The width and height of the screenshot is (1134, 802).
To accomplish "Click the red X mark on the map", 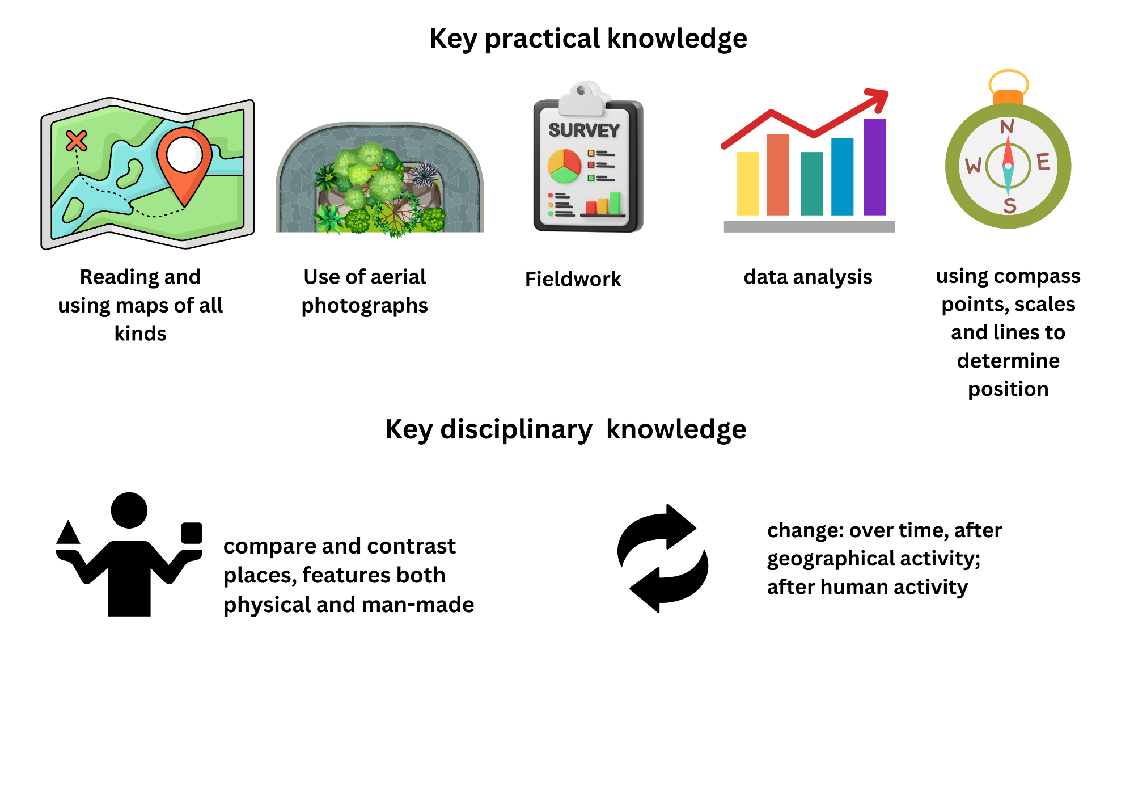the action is point(77,141).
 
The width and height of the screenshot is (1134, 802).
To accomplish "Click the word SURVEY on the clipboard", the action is point(584,130).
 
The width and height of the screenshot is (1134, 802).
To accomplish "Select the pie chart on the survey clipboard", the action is point(564,166).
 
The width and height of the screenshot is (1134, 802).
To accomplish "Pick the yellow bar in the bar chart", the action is point(748,183).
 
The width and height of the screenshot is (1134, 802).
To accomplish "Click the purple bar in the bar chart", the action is point(875,167).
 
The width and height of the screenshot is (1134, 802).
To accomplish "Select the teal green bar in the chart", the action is point(811,183).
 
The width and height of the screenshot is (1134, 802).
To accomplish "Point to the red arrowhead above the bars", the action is point(877,100).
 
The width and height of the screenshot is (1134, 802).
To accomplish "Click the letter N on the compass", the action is point(1007,126).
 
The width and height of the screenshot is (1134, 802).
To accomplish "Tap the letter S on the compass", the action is point(1009,205).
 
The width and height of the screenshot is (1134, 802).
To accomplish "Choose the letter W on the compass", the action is point(974,165).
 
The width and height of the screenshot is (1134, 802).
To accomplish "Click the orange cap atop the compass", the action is point(1008,97).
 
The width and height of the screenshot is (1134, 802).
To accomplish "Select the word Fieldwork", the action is point(573,279).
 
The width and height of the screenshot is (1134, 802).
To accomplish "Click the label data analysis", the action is point(808,277).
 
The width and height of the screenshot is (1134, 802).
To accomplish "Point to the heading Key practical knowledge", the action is point(589,39).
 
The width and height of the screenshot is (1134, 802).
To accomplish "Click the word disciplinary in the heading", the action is point(516,429).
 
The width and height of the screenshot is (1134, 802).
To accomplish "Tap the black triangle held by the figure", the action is point(69,532).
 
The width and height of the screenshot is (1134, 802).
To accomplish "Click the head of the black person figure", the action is point(129,510).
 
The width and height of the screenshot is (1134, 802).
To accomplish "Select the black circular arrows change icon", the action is point(662,558).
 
